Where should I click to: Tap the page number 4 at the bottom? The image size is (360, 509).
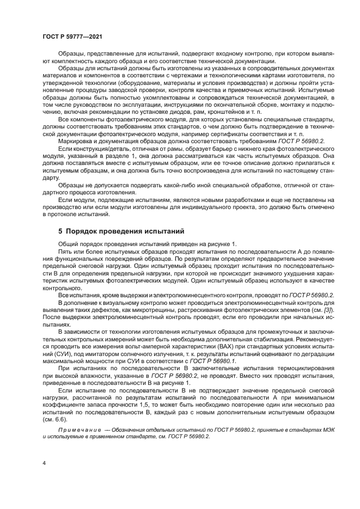[44, 463]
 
